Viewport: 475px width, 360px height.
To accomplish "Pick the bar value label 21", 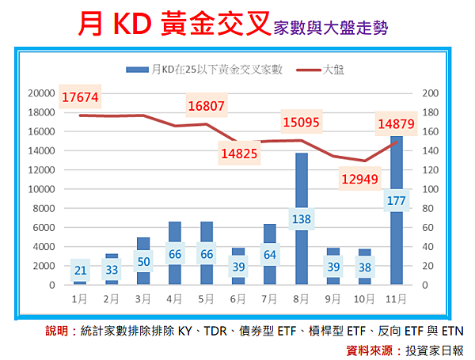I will [x=80, y=269].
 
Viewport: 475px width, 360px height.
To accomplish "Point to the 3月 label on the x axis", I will [x=142, y=299].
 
